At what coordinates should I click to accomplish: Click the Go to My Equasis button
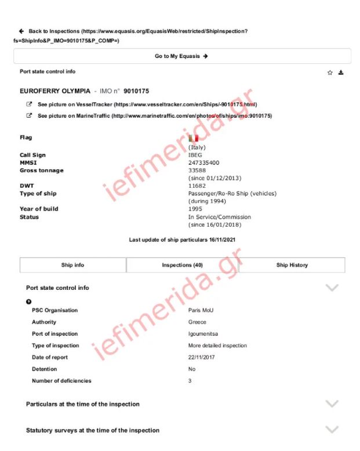(x=181, y=56)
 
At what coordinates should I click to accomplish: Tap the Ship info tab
(x=72, y=265)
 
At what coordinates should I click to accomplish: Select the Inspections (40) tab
(x=182, y=265)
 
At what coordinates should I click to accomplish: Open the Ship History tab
(x=292, y=265)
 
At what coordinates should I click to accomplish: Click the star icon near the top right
(x=330, y=72)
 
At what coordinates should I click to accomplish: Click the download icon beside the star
(x=341, y=72)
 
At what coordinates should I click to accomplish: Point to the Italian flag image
(x=193, y=138)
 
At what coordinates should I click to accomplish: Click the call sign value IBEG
(x=195, y=155)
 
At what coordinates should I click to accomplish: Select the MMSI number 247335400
(x=203, y=163)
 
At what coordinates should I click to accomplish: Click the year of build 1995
(x=196, y=209)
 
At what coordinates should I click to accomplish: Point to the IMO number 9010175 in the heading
(x=136, y=91)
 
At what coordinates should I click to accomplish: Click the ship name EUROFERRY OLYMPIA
(x=55, y=91)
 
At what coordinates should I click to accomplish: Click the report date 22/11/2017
(x=202, y=357)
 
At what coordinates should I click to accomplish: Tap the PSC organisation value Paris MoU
(x=201, y=310)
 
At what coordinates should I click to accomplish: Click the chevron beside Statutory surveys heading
(x=332, y=430)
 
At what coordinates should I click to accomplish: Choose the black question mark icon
(x=29, y=301)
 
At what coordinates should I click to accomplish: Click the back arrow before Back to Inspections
(x=21, y=31)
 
